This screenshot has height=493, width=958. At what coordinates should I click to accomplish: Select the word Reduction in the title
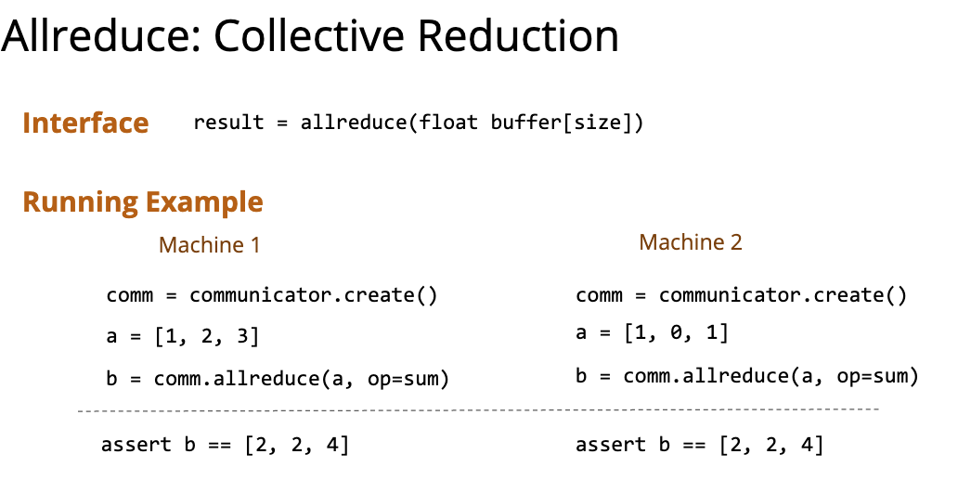pyautogui.click(x=517, y=35)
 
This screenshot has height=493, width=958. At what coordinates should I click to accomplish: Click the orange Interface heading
pyautogui.click(x=85, y=123)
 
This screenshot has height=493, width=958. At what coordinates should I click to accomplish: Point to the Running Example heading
pyautogui.click(x=143, y=202)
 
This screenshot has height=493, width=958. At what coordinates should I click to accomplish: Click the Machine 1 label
pyautogui.click(x=210, y=245)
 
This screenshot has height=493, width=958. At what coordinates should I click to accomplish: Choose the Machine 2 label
pyautogui.click(x=691, y=242)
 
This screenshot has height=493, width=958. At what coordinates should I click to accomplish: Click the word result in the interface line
pyautogui.click(x=228, y=123)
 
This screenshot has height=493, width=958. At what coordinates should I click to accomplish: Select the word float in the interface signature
pyautogui.click(x=448, y=123)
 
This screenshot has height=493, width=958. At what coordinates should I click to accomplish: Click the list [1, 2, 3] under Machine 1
pyautogui.click(x=207, y=336)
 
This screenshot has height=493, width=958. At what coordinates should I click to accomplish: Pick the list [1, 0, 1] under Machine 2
pyautogui.click(x=677, y=333)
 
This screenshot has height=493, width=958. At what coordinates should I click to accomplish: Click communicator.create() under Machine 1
pyautogui.click(x=314, y=295)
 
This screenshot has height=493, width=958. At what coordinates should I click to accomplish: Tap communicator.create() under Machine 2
pyautogui.click(x=783, y=295)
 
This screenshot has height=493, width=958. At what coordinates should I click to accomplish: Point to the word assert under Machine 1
pyautogui.click(x=136, y=444)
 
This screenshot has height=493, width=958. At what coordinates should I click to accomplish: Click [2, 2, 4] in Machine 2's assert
pyautogui.click(x=771, y=445)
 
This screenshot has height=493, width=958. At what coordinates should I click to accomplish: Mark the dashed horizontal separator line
pyautogui.click(x=478, y=410)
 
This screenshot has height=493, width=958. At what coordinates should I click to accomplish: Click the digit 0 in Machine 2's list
pyautogui.click(x=676, y=333)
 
